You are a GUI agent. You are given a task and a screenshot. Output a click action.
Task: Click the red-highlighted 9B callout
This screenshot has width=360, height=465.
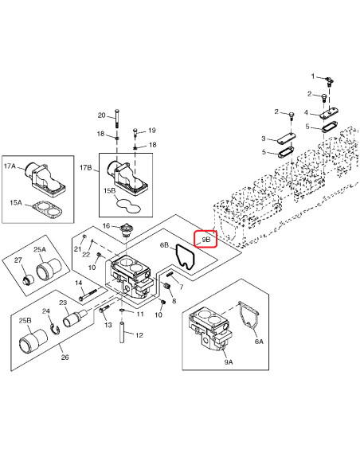coord(205,239)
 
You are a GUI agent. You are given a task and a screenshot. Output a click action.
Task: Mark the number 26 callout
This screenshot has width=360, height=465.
coord(65,358)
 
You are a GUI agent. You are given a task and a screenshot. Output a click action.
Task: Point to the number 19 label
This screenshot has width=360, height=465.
coord(152,130)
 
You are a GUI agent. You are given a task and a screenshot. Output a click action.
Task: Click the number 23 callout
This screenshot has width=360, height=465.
coord(62,303)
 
